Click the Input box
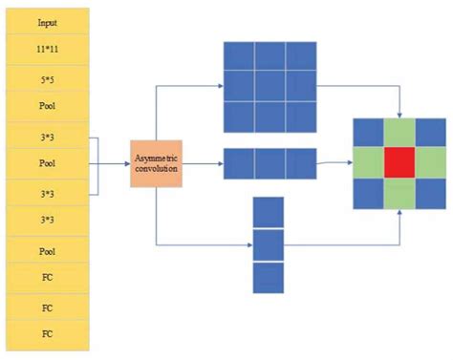(x=46, y=20)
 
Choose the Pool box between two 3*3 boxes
(x=46, y=163)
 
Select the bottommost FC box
(x=46, y=334)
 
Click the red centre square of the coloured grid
(x=398, y=162)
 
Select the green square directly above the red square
(x=398, y=132)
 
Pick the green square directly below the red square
(x=398, y=194)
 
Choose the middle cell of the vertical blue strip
(x=269, y=244)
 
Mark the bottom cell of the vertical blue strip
(x=269, y=277)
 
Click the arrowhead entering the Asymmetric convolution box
(x=126, y=163)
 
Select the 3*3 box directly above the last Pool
(x=46, y=219)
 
